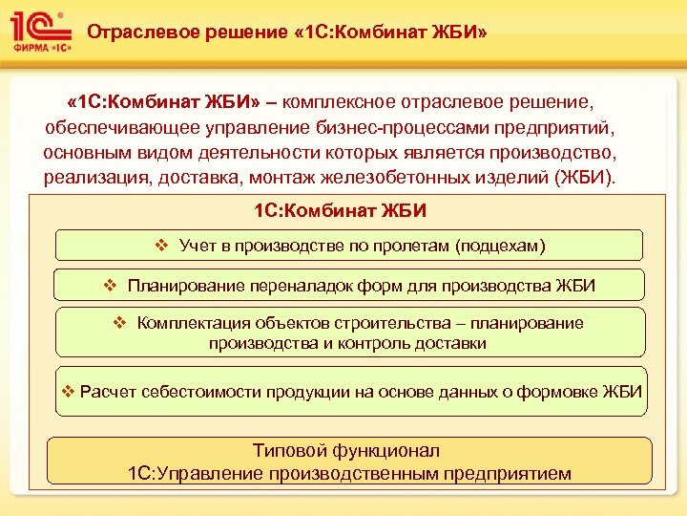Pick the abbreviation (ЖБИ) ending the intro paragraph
coord(590,178)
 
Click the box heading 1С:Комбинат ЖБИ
coord(341,209)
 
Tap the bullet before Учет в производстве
coord(161,246)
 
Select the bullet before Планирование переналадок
coord(110,285)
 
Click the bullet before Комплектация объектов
coord(119,323)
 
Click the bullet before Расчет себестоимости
coord(68,392)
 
